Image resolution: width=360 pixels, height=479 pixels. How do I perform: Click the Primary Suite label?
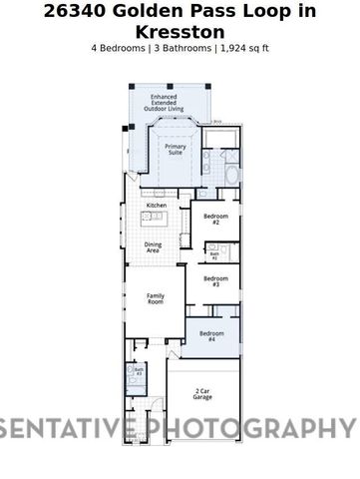[175, 149]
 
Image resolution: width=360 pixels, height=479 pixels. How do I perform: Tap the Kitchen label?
[157, 206]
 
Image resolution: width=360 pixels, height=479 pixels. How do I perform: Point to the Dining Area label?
[153, 247]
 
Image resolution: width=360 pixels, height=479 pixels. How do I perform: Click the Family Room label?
[156, 298]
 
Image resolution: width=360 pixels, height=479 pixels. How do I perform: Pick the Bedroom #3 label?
[210, 281]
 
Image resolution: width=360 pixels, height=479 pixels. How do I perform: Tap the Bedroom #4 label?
[209, 337]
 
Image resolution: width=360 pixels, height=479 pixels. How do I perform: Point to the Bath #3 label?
[139, 372]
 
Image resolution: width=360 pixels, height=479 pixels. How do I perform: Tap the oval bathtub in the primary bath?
[230, 177]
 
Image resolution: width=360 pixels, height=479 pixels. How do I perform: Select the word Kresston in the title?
[180, 31]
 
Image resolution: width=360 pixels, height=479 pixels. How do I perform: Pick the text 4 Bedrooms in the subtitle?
[118, 47]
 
